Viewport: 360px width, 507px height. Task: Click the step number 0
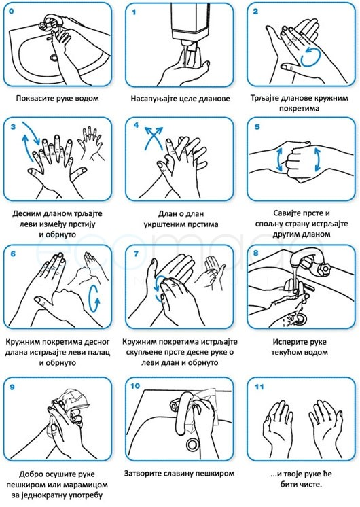click(x=12, y=12)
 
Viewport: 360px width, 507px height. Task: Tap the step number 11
click(x=259, y=387)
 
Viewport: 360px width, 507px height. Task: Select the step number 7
click(x=136, y=253)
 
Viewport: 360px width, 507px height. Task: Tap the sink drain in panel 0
click(x=54, y=58)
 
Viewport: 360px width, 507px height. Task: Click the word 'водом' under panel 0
click(x=87, y=99)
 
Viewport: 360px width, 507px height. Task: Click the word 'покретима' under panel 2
click(x=300, y=108)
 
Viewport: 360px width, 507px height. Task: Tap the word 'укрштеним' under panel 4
click(x=162, y=224)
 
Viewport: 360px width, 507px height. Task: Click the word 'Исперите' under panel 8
click(x=286, y=342)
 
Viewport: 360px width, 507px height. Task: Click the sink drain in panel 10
click(x=193, y=444)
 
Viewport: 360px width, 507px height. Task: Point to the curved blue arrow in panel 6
click(x=94, y=298)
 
